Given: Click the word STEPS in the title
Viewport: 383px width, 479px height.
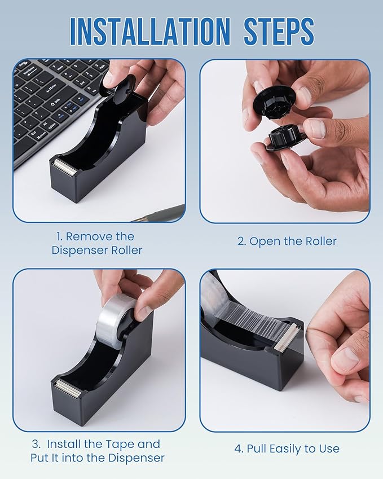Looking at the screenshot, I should [279, 31].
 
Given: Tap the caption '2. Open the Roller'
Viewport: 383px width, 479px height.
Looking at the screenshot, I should [287, 241].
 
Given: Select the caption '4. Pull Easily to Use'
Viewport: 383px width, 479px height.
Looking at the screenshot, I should [287, 449].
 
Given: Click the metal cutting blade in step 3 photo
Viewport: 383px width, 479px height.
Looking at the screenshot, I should [67, 388].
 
